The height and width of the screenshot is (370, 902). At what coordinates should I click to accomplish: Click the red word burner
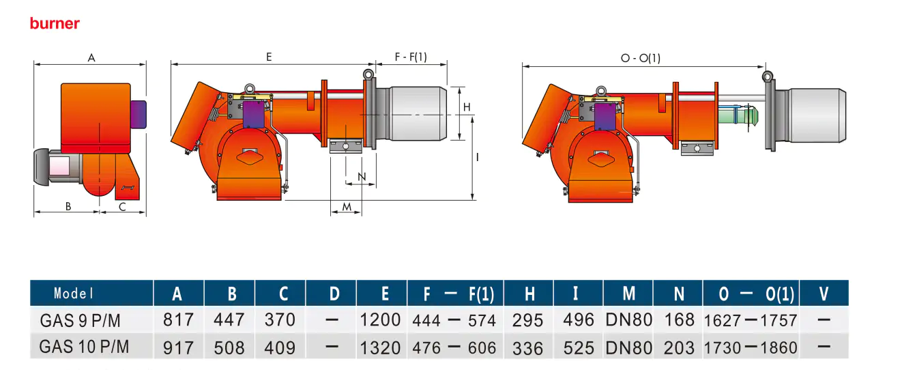click(x=55, y=24)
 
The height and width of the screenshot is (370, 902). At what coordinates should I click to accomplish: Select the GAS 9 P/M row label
click(x=84, y=319)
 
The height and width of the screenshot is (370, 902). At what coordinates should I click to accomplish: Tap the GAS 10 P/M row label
click(x=84, y=347)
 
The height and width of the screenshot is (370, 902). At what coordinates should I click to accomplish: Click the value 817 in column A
click(x=179, y=319)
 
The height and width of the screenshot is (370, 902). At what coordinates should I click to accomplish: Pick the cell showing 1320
click(x=381, y=347)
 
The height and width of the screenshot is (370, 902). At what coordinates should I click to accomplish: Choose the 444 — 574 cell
click(x=454, y=320)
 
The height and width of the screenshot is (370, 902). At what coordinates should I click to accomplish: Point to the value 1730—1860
click(x=750, y=347)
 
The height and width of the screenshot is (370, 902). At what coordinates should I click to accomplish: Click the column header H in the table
click(x=529, y=294)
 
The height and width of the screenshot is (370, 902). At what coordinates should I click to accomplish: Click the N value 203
click(x=679, y=347)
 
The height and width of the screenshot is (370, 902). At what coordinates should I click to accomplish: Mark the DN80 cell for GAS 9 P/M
click(x=628, y=319)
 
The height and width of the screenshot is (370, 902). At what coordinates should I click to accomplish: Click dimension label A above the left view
click(x=91, y=58)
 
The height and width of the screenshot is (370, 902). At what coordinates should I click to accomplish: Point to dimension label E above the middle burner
click(x=269, y=57)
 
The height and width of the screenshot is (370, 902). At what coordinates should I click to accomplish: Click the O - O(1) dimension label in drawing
click(x=640, y=58)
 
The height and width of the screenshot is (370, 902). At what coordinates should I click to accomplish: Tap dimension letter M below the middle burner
click(x=347, y=206)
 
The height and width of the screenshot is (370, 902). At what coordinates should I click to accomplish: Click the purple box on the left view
click(x=139, y=114)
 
